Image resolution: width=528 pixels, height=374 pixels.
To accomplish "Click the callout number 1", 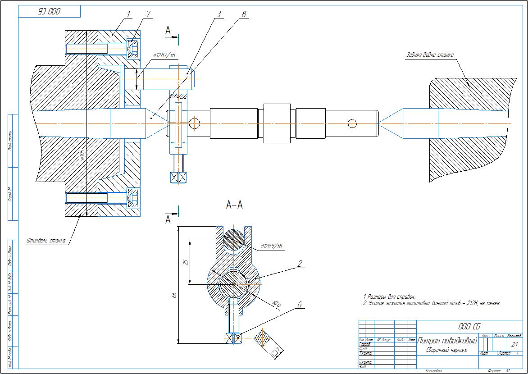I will tap(128, 14).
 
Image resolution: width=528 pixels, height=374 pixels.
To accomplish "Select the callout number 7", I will tap(148, 14).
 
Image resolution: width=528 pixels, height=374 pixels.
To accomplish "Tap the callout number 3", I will tap(219, 14).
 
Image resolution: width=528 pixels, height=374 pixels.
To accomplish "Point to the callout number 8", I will tap(244, 14).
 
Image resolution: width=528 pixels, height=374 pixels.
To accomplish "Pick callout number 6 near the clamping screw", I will tap(299, 305).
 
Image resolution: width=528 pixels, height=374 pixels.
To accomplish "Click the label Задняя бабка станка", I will tap(430, 55).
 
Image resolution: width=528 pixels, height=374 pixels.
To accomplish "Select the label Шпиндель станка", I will tap(46, 241).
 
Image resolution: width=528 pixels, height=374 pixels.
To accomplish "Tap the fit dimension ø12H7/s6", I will tap(164, 55).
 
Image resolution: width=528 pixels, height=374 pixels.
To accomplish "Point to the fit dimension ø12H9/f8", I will tap(271, 246).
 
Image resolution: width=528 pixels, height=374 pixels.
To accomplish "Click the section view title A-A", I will tap(234, 205).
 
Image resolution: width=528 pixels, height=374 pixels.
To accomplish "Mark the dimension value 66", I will tap(175, 295).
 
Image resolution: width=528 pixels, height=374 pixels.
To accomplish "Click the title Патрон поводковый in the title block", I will tap(447, 341).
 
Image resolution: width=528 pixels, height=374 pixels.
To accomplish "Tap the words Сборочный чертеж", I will tap(446, 350).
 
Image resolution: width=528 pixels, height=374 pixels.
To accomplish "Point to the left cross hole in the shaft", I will tap(194, 123).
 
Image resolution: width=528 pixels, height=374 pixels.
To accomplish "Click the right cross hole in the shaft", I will tap(352, 123).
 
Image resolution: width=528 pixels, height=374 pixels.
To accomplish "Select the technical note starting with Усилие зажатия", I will tap(432, 303).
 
